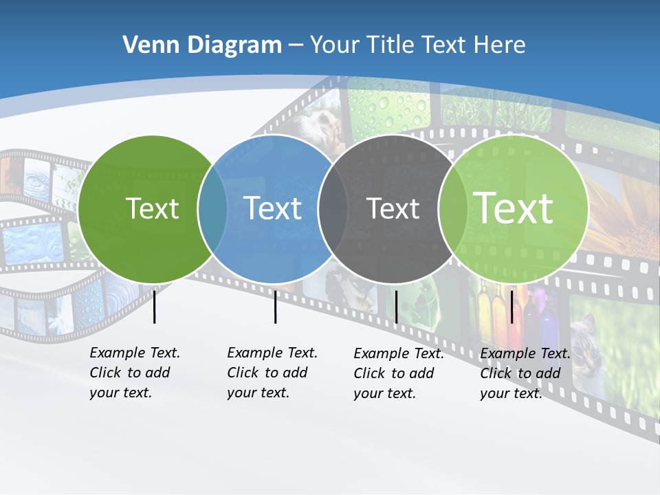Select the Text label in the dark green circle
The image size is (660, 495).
coord(152,208)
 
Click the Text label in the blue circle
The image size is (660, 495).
coord(273,208)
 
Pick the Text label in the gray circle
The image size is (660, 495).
coord(393,208)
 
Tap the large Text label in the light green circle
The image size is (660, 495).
coord(514,208)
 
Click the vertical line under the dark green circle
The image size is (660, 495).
coord(154,307)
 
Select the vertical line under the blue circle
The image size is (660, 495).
coord(275,307)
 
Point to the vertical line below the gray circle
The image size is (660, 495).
coord(396,307)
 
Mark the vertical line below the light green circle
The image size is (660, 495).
coord(511,307)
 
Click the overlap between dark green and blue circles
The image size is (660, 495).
coord(212,208)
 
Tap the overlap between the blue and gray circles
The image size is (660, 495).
coord(333,208)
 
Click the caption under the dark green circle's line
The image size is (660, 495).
coord(134,373)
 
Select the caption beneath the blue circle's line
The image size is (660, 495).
coord(272,373)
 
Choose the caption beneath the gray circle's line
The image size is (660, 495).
coord(398,373)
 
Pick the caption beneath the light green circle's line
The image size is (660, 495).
coord(525,373)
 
